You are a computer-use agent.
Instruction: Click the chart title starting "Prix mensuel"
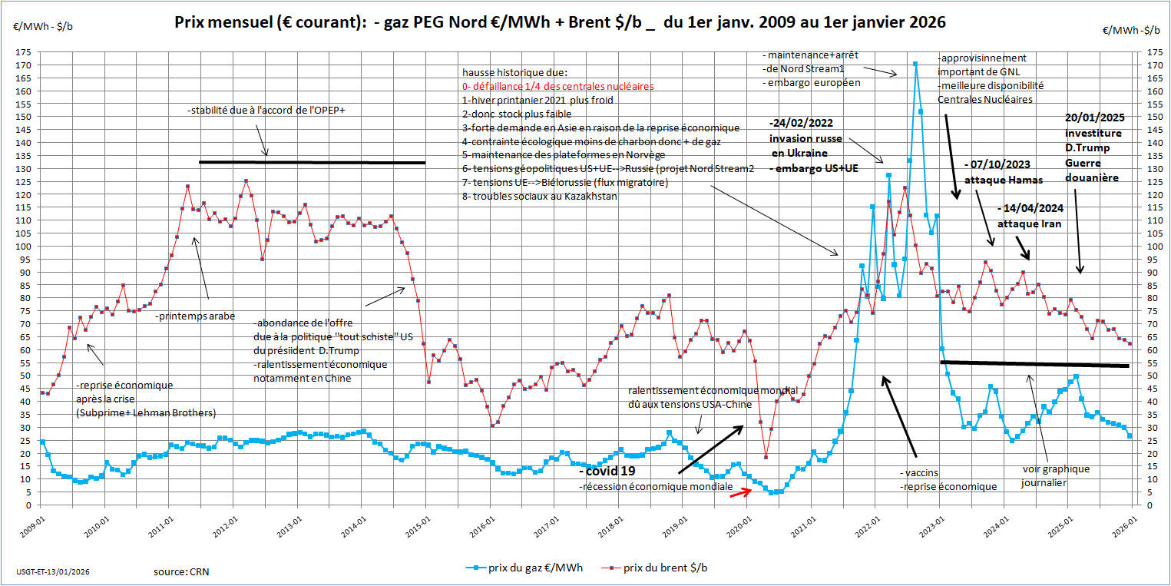click(561, 23)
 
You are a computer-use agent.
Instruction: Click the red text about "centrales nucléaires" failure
click(558, 86)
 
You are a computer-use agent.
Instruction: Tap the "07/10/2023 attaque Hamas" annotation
click(1003, 172)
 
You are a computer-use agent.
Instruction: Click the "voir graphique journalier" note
click(1056, 475)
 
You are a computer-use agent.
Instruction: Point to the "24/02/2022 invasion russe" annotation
click(805, 138)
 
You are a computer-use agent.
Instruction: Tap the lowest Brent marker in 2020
click(766, 457)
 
